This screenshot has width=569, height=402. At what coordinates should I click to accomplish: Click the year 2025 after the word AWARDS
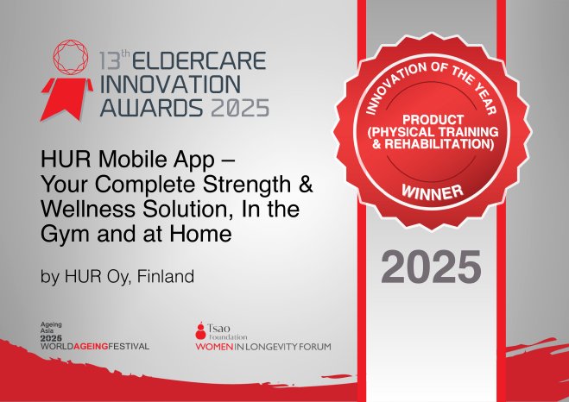pyautogui.click(x=239, y=107)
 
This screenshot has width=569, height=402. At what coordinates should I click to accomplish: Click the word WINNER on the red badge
pyautogui.click(x=431, y=189)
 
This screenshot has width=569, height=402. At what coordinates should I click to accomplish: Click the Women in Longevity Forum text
pyautogui.click(x=262, y=346)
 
